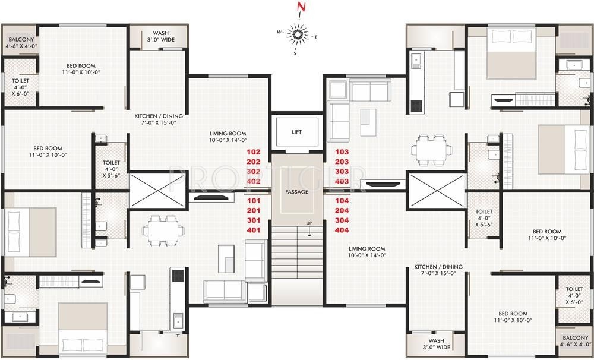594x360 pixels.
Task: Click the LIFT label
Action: (296, 132)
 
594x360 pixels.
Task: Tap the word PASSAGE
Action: (296, 192)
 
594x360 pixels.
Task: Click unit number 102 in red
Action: (254, 152)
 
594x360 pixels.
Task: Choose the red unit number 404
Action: (342, 229)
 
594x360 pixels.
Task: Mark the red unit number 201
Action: (254, 210)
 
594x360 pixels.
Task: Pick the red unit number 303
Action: (342, 171)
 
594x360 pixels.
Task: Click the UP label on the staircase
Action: (309, 223)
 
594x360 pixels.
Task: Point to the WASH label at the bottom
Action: (435, 343)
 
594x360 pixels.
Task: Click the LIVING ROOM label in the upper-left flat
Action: (228, 137)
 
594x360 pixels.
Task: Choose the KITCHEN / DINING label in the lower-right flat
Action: (438, 270)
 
